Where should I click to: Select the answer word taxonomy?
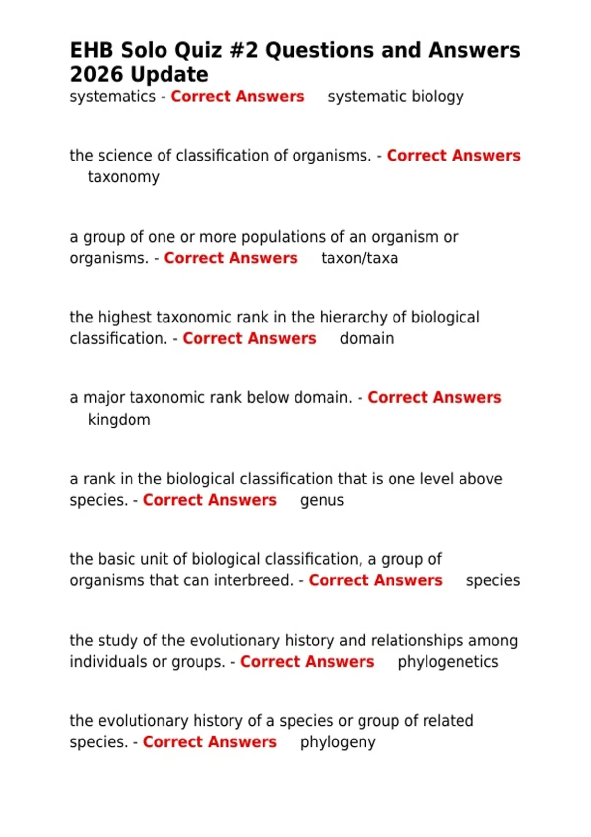[124, 177]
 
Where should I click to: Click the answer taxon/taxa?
[360, 258]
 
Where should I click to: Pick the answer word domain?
[367, 339]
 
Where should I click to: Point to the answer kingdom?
[119, 419]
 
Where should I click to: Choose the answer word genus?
[322, 501]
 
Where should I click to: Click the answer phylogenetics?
[448, 662]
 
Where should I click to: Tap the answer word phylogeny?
[338, 742]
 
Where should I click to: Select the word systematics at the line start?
[113, 97]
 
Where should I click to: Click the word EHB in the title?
[92, 50]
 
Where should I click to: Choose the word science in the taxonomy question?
[126, 156]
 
